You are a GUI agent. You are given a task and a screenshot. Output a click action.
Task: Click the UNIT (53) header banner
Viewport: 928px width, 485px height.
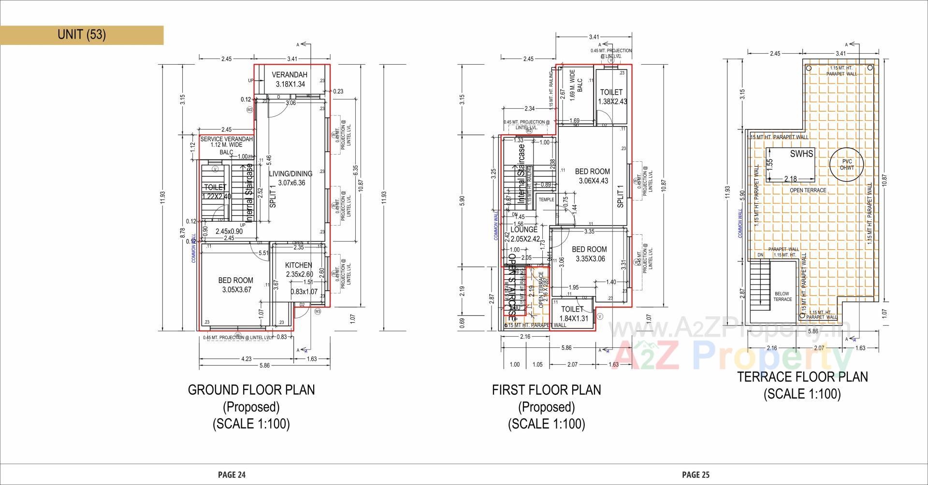click(82, 35)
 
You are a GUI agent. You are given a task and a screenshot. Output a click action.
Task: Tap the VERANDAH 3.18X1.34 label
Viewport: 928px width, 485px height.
click(290, 79)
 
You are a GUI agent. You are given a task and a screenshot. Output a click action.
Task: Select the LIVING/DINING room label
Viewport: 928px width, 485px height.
click(290, 178)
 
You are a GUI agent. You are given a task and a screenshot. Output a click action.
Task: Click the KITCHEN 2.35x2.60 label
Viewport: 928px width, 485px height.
click(298, 269)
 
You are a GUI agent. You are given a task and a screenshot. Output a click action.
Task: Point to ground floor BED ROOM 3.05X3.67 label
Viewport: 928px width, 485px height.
click(235, 285)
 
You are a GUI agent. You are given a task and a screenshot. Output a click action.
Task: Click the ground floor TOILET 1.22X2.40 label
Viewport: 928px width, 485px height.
click(216, 191)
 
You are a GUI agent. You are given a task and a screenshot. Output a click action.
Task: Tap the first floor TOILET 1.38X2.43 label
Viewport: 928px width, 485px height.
click(611, 97)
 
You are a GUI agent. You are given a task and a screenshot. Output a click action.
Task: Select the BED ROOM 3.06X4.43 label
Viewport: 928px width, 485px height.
click(592, 176)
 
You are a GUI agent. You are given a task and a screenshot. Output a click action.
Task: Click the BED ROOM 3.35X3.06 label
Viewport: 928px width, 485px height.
click(589, 254)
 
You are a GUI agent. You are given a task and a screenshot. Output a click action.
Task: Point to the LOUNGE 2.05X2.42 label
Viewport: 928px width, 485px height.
click(524, 234)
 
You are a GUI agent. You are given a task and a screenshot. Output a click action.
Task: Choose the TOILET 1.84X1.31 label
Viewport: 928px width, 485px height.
click(573, 314)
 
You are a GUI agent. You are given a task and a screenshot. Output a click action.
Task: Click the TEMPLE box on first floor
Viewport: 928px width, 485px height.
click(546, 200)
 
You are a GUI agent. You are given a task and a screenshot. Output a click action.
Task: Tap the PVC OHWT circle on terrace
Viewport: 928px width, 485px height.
click(846, 165)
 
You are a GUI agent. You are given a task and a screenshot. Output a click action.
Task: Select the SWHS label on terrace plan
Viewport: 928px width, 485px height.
click(801, 154)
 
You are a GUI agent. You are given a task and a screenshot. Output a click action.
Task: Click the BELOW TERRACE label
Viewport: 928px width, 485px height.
click(782, 296)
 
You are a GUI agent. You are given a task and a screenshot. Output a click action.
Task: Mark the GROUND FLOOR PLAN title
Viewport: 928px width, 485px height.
click(251, 390)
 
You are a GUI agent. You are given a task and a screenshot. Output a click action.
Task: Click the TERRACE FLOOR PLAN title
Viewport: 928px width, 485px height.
click(802, 377)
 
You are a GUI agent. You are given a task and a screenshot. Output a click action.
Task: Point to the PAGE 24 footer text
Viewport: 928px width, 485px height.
click(232, 475)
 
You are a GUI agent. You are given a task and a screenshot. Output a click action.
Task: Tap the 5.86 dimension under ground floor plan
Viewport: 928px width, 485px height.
click(264, 366)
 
